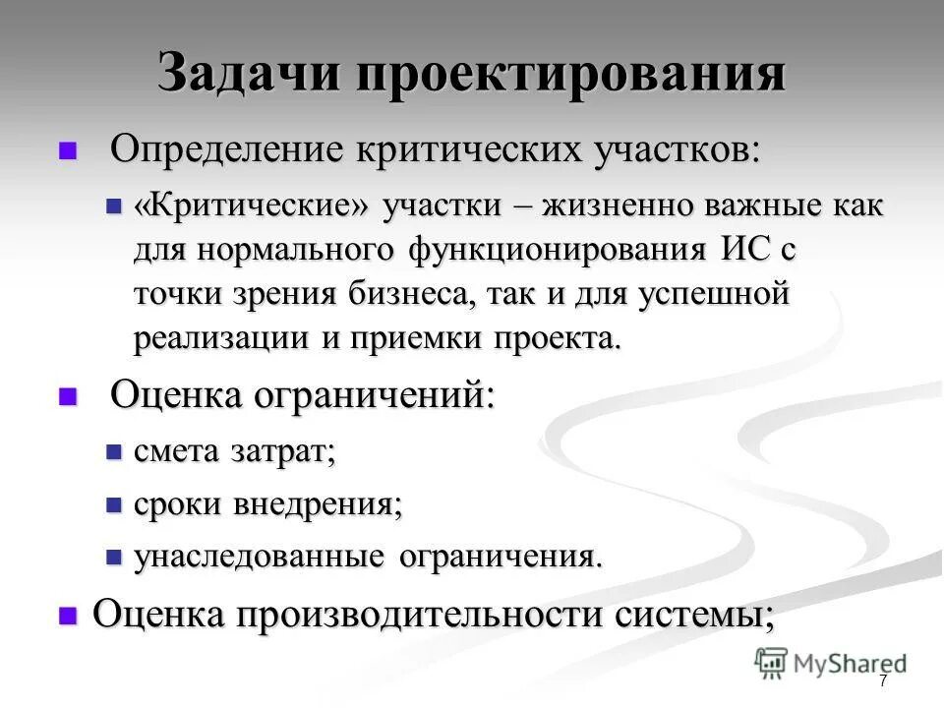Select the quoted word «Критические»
tap(253, 206)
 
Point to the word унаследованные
tap(260, 558)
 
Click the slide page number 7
tap(883, 680)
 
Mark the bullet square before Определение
tap(68, 151)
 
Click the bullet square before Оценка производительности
tap(68, 616)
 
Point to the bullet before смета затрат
tap(113, 452)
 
